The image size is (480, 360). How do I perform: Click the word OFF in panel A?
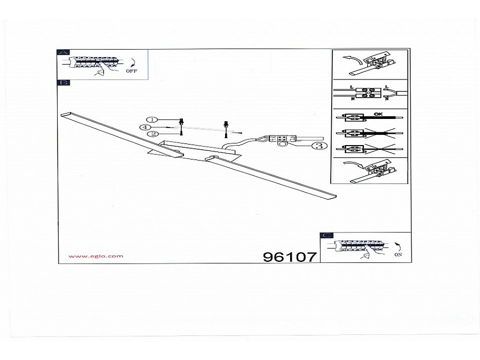(131, 70)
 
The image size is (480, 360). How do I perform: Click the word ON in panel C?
(398, 254)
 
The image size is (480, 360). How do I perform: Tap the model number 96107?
(290, 257)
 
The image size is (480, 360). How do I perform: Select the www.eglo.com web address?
(96, 256)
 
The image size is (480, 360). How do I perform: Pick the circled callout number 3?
(319, 146)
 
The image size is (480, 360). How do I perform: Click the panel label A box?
(63, 52)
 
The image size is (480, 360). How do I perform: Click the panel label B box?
(63, 83)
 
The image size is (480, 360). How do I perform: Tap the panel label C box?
(326, 235)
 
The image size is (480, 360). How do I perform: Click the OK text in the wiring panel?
(379, 113)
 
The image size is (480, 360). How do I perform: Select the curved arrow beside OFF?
(133, 61)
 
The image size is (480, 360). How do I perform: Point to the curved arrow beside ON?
(398, 246)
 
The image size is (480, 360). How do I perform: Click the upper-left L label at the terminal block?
(351, 86)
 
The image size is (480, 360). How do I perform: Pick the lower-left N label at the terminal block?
(351, 98)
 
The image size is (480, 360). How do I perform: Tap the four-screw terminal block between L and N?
(367, 92)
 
